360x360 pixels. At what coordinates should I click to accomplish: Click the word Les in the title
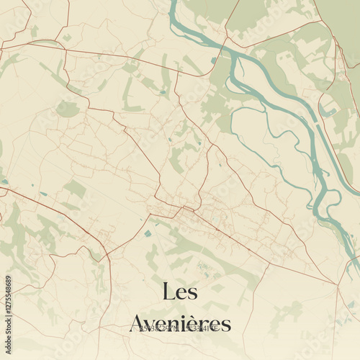[x=180, y=292]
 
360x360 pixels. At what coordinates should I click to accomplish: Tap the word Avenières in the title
[x=180, y=323]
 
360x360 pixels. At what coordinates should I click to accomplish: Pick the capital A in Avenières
[x=139, y=323]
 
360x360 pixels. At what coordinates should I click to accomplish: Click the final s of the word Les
[x=193, y=293]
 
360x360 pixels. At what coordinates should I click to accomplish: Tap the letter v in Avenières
[x=153, y=325]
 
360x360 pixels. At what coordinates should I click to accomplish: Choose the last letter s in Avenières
[x=226, y=325]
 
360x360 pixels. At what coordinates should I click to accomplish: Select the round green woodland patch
[x=67, y=109]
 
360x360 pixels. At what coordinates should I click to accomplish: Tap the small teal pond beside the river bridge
[x=213, y=60]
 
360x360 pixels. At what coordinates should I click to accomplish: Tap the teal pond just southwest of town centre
[x=148, y=233]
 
